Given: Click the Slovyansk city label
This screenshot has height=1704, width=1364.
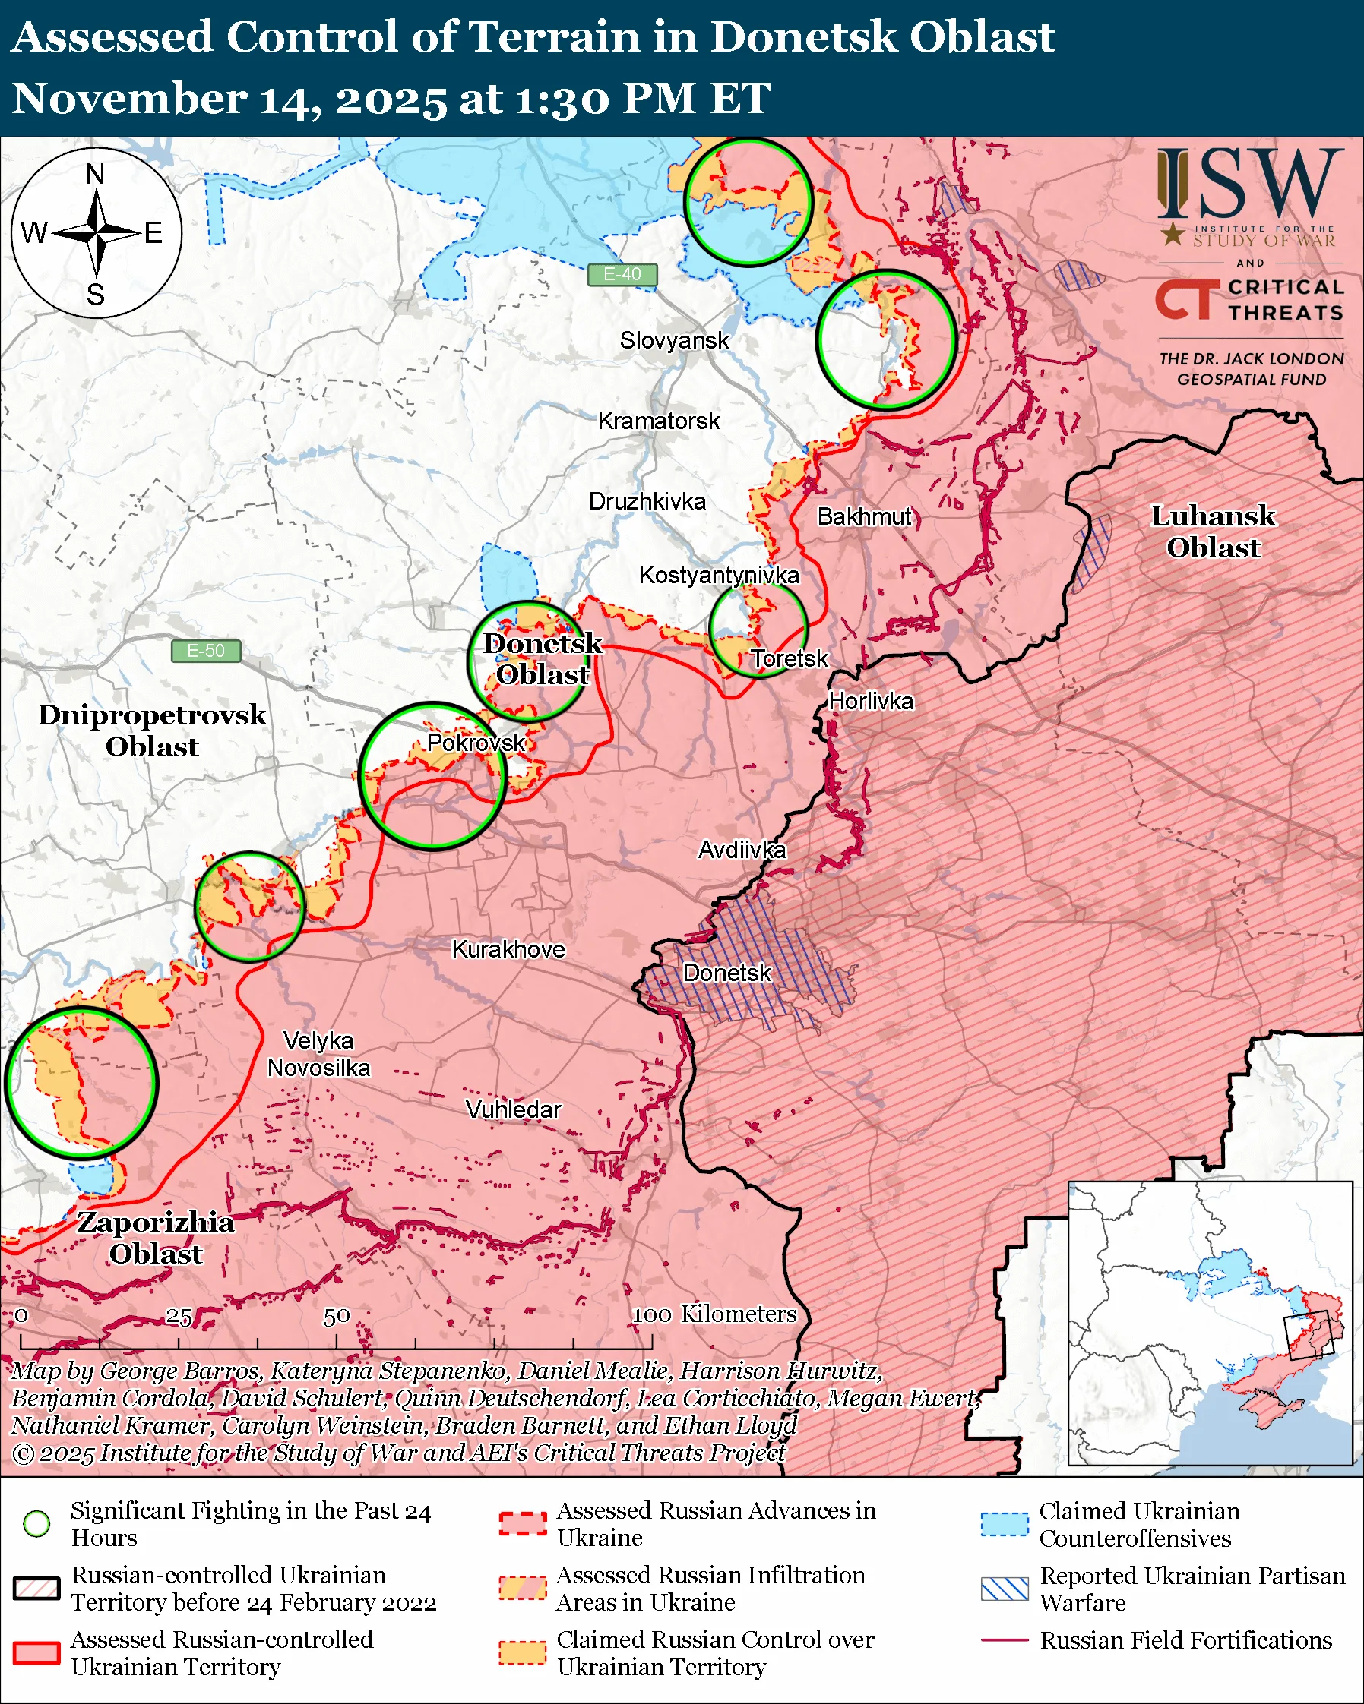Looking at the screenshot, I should tap(674, 341).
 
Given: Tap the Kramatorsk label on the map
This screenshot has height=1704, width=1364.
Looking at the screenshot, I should tap(658, 421).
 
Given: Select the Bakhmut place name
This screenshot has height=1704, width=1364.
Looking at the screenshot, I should tap(864, 516).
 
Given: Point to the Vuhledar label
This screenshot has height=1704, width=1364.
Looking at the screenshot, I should tap(513, 1109).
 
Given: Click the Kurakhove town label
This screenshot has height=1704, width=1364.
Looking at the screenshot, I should tap(508, 949).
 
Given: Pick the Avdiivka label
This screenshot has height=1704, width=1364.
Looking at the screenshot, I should tap(742, 850).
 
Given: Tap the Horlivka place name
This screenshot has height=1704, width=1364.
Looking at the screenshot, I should tap(871, 701).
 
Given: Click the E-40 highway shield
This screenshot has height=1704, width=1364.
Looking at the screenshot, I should tap(622, 274).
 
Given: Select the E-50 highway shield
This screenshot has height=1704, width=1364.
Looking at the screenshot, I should tap(206, 651).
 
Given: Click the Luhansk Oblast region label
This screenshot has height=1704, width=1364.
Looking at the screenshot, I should tap(1212, 531).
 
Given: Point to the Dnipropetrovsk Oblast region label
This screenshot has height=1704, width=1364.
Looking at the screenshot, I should tap(152, 731).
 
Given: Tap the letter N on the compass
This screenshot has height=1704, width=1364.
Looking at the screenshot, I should tap(95, 174).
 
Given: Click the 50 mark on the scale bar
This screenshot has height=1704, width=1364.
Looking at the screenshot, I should tap(336, 1317).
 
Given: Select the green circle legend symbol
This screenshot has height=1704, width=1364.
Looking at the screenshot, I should tap(36, 1524).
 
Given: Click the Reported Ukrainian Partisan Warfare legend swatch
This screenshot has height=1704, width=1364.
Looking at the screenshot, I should tap(1005, 1589).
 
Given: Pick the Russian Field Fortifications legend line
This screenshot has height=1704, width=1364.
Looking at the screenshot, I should tap(1005, 1640).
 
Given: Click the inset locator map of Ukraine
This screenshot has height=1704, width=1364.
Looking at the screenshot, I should tap(1210, 1323).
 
